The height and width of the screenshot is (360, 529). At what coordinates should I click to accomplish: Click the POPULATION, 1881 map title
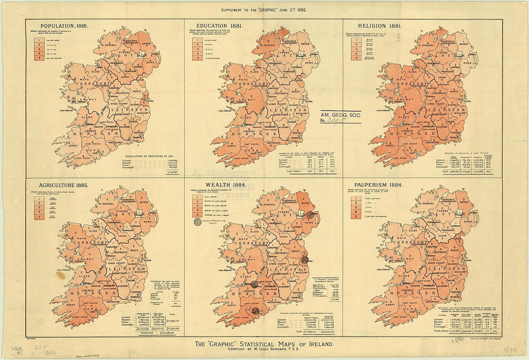pos(64,26)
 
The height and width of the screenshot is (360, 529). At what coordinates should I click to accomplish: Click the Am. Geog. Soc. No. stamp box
pos(341,117)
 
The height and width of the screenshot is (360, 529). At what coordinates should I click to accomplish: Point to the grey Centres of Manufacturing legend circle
pos(197,222)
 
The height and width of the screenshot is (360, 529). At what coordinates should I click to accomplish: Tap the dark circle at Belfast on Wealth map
pos(310,215)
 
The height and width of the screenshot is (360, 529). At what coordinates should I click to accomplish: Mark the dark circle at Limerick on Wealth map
pos(254,284)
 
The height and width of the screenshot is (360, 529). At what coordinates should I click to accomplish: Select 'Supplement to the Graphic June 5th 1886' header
pos(263,10)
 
